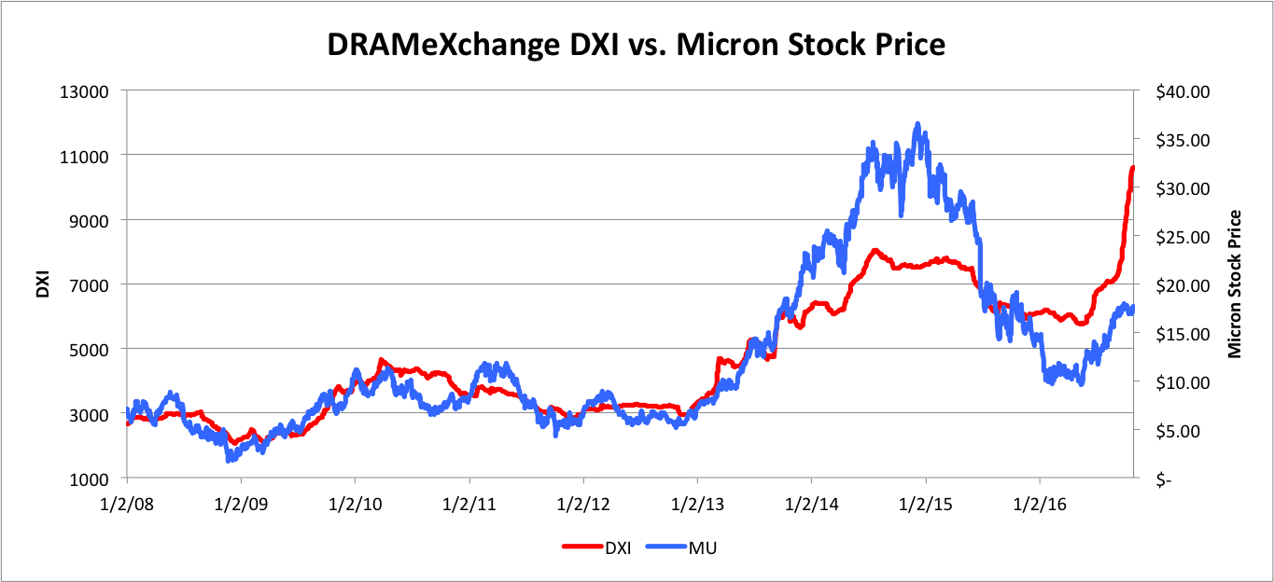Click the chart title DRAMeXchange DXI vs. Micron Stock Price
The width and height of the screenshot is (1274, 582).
coord(637,43)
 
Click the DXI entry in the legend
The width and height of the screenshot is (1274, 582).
coord(597,547)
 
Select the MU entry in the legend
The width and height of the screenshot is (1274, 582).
coord(687,547)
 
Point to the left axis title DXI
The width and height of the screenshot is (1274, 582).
coord(43,284)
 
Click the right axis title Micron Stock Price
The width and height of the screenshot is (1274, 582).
coord(1235,284)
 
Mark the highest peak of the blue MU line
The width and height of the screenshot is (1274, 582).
coord(917,124)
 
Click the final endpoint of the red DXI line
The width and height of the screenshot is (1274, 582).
coord(1132,168)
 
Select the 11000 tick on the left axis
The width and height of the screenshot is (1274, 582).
coord(91,156)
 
